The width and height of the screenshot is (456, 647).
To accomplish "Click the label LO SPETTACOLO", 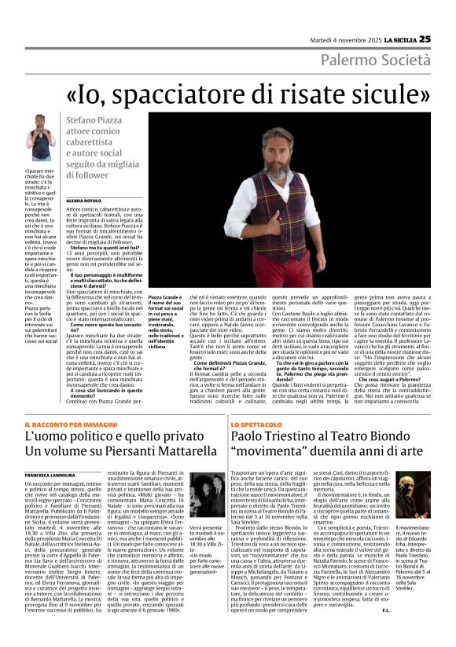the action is point(256,424).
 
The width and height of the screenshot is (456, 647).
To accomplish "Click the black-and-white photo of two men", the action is point(207,494).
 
